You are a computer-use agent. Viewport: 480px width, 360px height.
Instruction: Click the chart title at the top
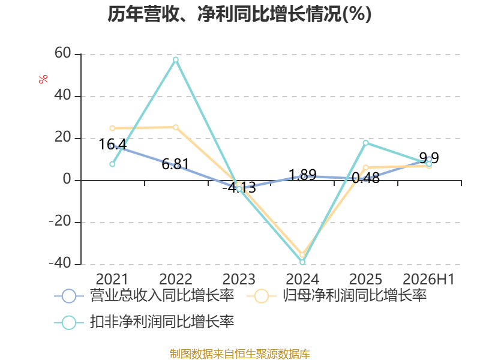point(239,14)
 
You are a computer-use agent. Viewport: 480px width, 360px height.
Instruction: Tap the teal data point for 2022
point(176,59)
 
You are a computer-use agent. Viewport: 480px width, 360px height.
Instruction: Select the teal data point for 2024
point(302,262)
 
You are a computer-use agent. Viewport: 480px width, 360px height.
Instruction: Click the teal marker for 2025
point(366,143)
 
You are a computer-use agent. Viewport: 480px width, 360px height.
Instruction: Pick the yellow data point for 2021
point(112,128)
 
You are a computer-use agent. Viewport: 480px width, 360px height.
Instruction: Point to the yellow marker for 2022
point(176,127)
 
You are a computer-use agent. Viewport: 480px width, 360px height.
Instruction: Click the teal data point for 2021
point(112,164)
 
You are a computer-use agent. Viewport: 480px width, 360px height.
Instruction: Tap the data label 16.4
point(113,144)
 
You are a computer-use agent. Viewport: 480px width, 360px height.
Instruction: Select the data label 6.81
point(176,164)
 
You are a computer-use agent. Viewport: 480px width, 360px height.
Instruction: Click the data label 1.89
point(302,175)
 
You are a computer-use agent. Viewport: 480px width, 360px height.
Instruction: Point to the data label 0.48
point(366,178)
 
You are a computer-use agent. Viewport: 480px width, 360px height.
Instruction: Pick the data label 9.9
point(429,158)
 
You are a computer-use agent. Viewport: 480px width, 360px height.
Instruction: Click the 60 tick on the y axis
point(63,53)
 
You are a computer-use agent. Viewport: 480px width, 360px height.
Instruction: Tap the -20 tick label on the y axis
point(60,221)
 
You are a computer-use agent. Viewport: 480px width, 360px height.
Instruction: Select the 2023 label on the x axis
point(239,279)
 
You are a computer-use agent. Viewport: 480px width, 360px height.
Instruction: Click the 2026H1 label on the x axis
point(428,279)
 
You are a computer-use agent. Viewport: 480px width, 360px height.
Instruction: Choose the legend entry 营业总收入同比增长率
point(144,296)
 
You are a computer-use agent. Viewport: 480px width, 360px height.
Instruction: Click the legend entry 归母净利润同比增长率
point(337,296)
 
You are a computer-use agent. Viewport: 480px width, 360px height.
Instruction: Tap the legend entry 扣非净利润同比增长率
point(144,322)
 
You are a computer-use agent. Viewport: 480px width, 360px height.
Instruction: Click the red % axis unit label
point(43,79)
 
